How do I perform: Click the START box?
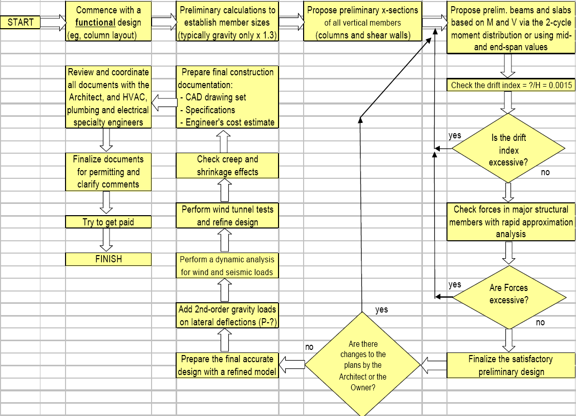[x=20, y=22]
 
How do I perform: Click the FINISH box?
[x=109, y=259]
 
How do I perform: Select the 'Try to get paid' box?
[x=109, y=222]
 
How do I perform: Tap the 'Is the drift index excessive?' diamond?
[x=508, y=150]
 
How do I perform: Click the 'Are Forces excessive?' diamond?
[x=508, y=294]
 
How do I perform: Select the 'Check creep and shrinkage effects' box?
[x=227, y=165]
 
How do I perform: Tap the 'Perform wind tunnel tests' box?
[x=227, y=216]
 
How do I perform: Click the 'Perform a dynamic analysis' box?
[x=227, y=265]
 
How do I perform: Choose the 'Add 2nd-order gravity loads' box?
[x=227, y=315]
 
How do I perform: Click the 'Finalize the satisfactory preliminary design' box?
[x=510, y=365]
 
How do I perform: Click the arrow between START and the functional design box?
[x=53, y=22]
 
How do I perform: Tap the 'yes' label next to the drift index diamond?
[x=455, y=136]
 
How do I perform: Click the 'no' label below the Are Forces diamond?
[x=540, y=322]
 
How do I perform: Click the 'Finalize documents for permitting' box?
[x=109, y=172]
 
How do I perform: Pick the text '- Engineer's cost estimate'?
[x=228, y=122]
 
